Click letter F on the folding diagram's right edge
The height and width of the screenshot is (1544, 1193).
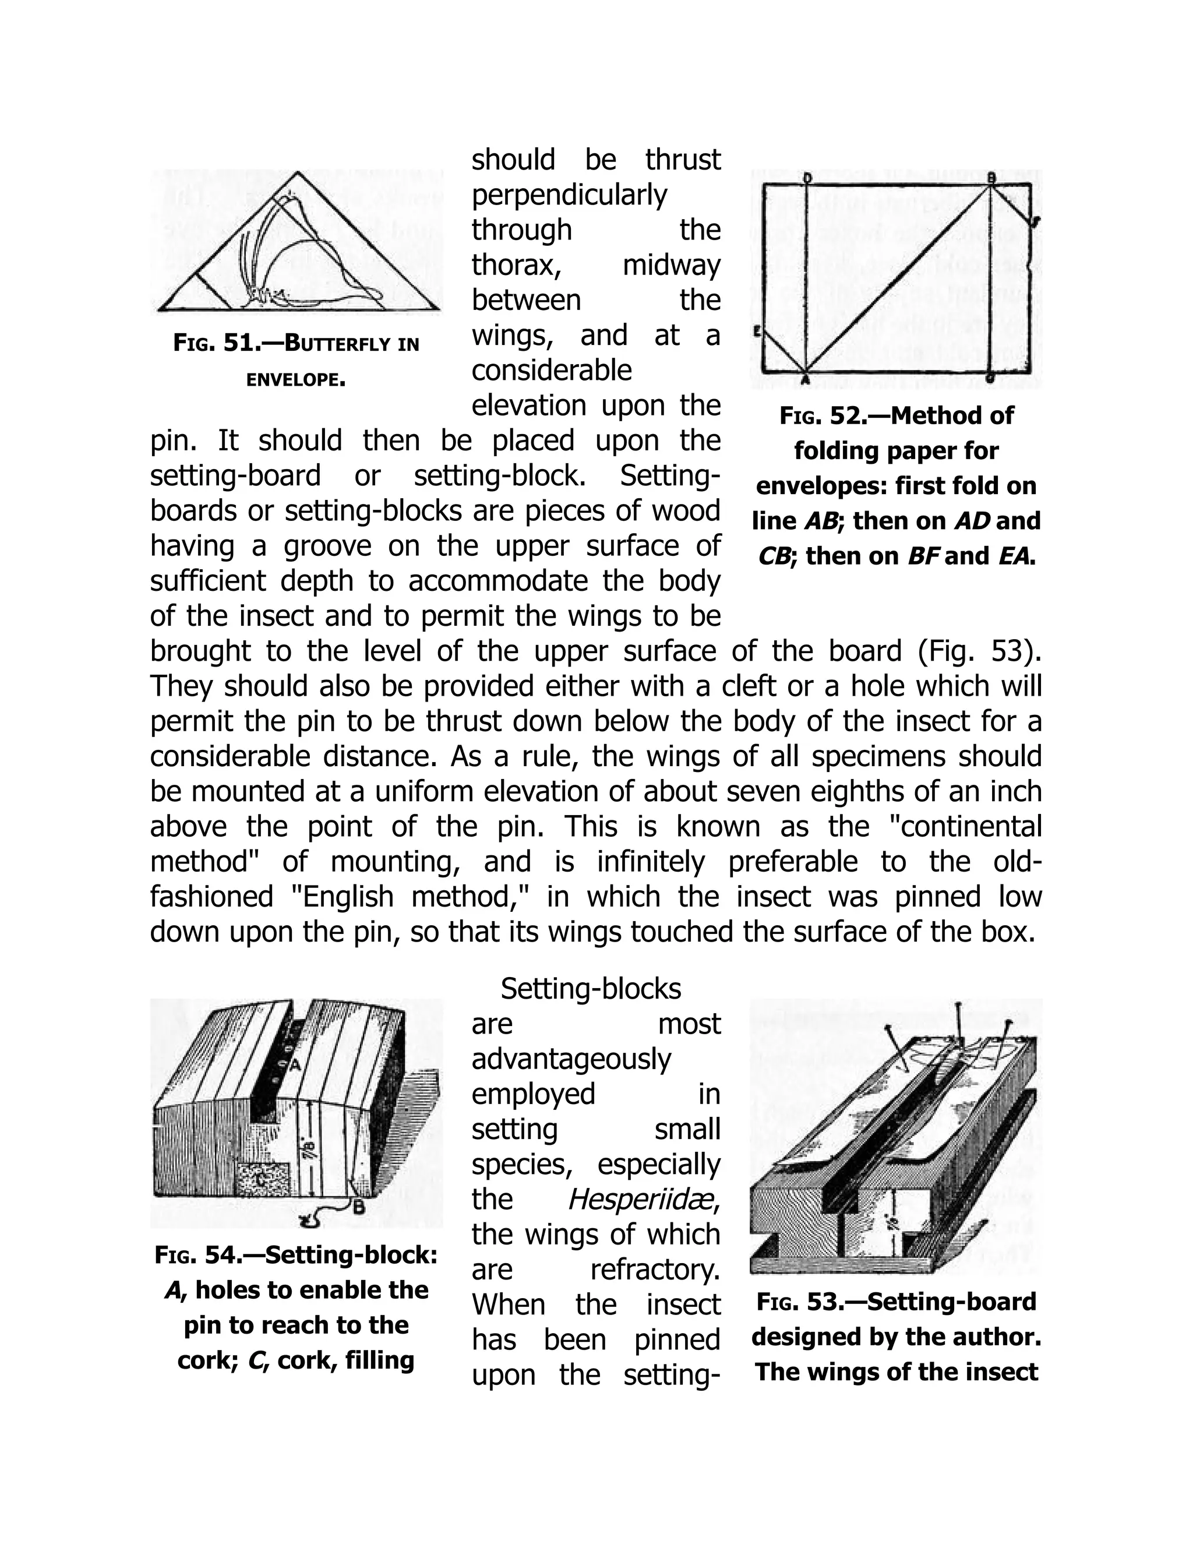click(x=1036, y=221)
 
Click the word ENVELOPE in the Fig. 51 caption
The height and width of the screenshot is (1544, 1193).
click(x=295, y=380)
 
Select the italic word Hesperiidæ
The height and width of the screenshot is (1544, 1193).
click(x=643, y=1199)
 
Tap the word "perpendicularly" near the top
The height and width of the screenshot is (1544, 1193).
click(x=569, y=195)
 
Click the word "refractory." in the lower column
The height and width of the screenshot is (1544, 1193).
click(x=654, y=1270)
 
